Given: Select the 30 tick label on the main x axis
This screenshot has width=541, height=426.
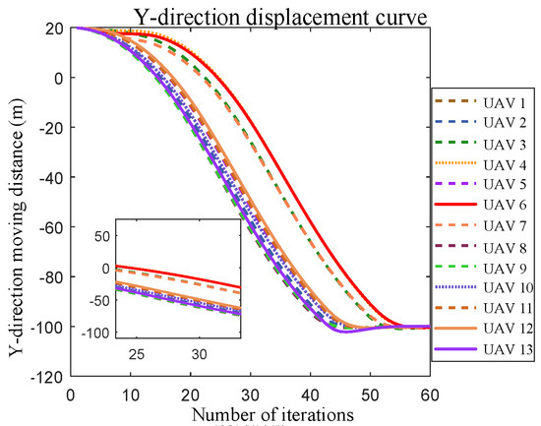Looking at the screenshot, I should pos(250,394).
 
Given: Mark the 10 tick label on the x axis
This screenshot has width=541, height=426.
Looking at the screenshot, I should pos(130,394).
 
